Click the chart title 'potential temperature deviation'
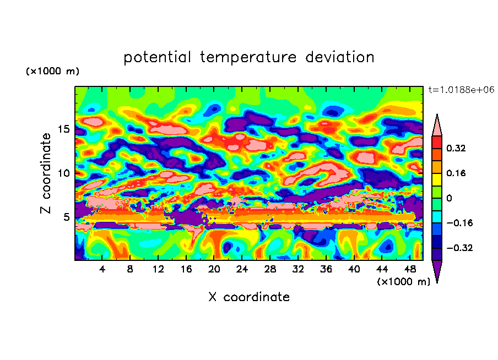(248, 57)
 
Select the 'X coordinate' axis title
(248, 297)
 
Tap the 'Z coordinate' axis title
(46, 173)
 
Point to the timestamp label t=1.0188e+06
(461, 90)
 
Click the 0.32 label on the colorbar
(456, 148)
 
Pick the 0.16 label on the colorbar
(456, 173)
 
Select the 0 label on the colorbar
(449, 198)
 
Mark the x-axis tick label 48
(410, 269)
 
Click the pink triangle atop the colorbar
(437, 126)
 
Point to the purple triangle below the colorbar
(437, 270)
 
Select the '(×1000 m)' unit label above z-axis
(52, 72)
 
